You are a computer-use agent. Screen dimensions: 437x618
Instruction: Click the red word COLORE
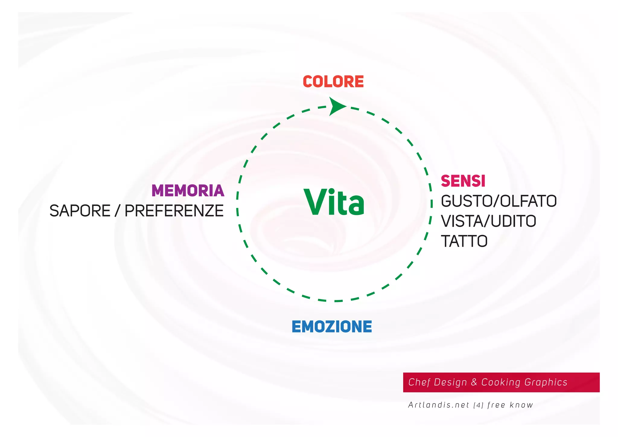[x=333, y=82]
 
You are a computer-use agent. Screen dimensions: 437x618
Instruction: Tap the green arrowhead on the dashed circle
[x=336, y=106]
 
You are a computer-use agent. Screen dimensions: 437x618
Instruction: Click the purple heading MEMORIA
[x=188, y=191]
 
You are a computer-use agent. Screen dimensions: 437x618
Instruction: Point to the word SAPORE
[x=80, y=211]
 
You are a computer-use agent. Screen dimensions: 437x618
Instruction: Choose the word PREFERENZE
[x=174, y=211]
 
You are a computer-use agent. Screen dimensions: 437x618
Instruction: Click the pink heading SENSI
[x=463, y=181]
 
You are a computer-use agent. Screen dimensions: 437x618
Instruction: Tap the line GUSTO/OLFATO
[x=499, y=201]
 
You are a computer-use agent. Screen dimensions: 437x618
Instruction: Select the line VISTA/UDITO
[x=488, y=221]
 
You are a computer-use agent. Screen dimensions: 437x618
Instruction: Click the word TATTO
[x=464, y=241]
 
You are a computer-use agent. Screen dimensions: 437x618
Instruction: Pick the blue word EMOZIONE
[x=332, y=327]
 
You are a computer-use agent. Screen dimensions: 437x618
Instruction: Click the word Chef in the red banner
[x=419, y=382]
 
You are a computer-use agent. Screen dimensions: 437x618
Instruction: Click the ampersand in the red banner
[x=474, y=382]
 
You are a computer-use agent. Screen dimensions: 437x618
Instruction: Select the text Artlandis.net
[x=438, y=405]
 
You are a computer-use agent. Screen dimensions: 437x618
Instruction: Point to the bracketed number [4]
[x=478, y=405]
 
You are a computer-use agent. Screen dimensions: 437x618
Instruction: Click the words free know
[x=510, y=405]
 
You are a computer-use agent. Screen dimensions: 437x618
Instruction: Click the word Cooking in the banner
[x=501, y=382]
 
